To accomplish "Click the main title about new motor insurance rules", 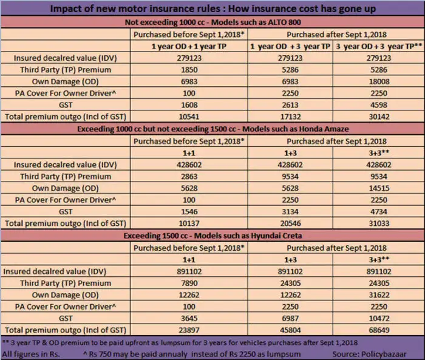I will coord(212,9).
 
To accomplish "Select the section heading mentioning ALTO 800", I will coord(212,22).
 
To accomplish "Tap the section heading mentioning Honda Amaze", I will coord(212,128).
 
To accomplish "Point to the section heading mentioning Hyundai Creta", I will coord(212,234).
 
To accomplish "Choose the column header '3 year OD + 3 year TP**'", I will coord(379,46).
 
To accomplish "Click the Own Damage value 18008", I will coord(379,81).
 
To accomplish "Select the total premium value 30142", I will coord(379,116).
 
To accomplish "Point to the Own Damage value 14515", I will coord(379,187).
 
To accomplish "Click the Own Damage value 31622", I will coord(379,294).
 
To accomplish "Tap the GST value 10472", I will coord(379,318).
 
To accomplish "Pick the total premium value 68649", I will coord(379,330).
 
